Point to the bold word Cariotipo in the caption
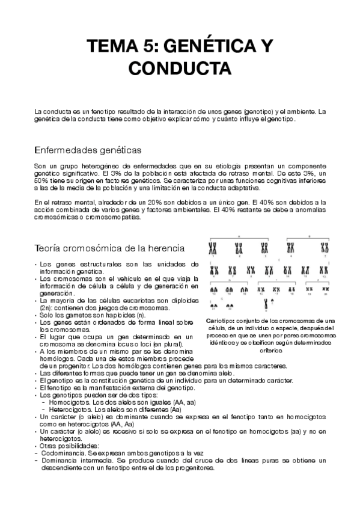pyautogui.click(x=219, y=321)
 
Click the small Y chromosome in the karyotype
pyautogui.click(x=272, y=303)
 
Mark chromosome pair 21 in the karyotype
pyautogui.click(x=213, y=305)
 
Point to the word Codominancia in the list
pyautogui.click(x=59, y=452)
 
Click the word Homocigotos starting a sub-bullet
pyautogui.click(x=67, y=402)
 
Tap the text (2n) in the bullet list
pyautogui.click(x=44, y=307)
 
